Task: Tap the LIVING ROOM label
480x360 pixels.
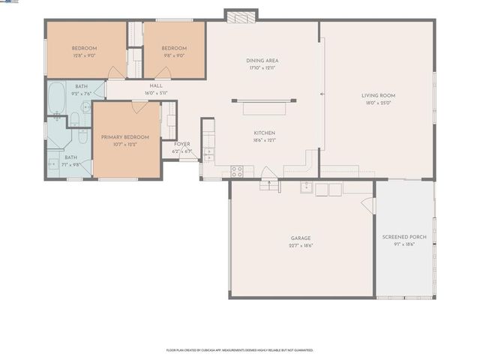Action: pos(378,95)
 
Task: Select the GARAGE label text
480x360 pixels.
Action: pos(301,238)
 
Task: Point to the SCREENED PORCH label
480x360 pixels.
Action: pos(404,237)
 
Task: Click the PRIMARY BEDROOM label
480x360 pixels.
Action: pos(125,137)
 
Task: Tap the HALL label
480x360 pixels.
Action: pos(156,85)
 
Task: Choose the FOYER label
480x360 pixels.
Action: pos(182,144)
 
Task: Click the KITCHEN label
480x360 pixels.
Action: pos(264,133)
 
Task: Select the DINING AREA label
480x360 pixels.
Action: pos(262,61)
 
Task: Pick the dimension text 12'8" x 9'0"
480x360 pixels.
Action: pos(84,55)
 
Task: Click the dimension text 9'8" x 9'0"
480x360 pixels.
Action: pos(173,55)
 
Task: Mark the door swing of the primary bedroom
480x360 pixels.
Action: pos(138,107)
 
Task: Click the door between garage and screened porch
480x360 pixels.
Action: pos(367,204)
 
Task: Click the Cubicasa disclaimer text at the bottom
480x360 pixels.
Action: pos(239,349)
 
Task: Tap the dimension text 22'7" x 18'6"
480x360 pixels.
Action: pos(301,245)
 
